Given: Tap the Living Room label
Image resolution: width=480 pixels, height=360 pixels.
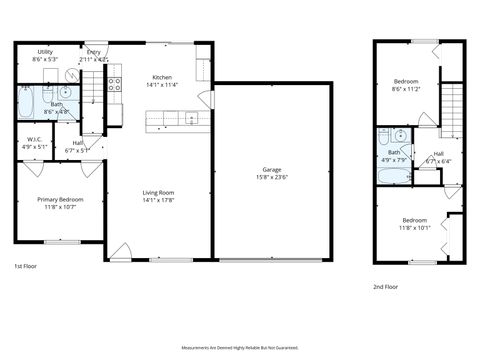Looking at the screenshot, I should point(158,193).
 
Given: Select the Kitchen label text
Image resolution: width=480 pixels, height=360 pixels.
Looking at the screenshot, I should point(161,78).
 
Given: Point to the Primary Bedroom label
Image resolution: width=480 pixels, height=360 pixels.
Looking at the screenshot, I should point(60,200).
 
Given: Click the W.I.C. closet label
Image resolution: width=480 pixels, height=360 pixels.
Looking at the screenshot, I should point(33,140).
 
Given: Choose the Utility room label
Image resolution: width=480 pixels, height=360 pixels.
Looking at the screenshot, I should point(45,51).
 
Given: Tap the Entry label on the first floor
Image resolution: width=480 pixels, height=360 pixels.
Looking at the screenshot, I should point(94,51).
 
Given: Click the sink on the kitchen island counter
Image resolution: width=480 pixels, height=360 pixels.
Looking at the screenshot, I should point(191,119).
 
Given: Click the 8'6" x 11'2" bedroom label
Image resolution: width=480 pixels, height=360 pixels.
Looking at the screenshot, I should point(405,84).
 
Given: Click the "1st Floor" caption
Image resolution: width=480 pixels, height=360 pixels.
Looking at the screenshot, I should point(26,267).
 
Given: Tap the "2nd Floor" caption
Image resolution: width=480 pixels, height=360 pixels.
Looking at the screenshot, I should point(385,286).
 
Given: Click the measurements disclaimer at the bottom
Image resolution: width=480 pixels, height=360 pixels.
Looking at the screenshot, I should point(240,347).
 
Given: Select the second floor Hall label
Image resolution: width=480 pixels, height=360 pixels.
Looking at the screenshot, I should point(438,156).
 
